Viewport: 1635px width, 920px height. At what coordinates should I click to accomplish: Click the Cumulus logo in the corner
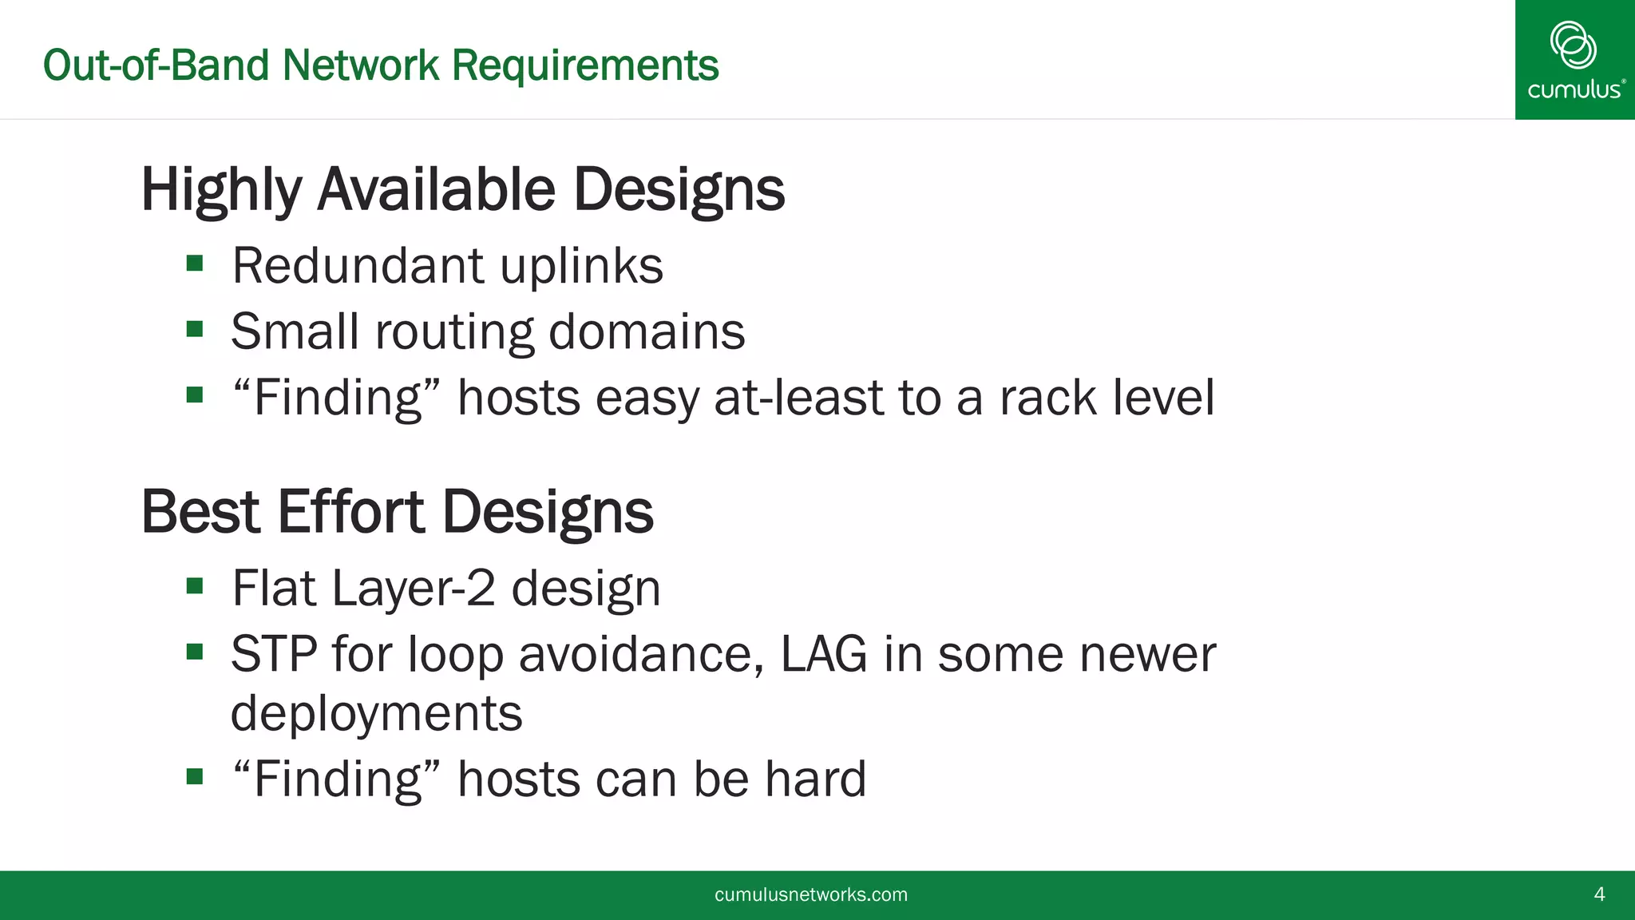[x=1574, y=59]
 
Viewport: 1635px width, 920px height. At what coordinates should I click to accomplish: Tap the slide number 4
[x=1599, y=894]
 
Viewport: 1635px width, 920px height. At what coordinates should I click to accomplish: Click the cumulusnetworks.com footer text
[x=810, y=894]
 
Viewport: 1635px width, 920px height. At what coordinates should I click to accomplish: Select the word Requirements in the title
[x=585, y=65]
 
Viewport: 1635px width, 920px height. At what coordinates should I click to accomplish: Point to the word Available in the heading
[x=436, y=190]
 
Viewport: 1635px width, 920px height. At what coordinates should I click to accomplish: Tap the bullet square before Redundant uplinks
[x=195, y=264]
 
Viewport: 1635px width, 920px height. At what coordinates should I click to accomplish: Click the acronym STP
[x=274, y=654]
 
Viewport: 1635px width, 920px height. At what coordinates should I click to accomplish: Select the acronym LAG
[x=823, y=654]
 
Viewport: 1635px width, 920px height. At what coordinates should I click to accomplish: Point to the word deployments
[x=376, y=713]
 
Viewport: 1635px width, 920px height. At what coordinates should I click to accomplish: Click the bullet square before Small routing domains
[x=195, y=329]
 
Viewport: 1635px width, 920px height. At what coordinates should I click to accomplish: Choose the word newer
[x=1147, y=654]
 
